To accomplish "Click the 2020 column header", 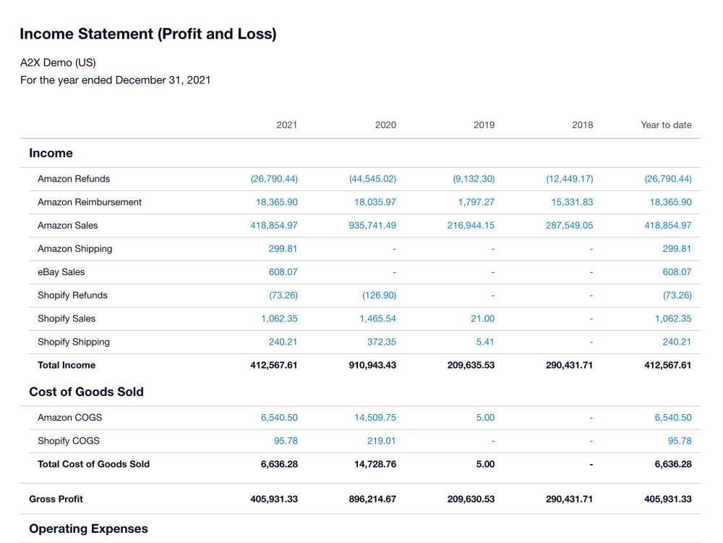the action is [385, 125].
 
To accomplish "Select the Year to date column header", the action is [666, 125].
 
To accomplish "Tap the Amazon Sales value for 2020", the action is [372, 225].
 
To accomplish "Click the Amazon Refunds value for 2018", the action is [570, 179].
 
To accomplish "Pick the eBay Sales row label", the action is [61, 272].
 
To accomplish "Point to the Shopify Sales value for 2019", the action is [482, 319].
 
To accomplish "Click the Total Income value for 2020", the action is [372, 365].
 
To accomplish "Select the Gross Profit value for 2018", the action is [569, 499].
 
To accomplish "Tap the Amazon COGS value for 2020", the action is [375, 418].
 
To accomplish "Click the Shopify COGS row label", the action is [69, 441].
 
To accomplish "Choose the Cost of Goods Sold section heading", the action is [86, 392].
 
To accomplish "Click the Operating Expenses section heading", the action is [88, 529].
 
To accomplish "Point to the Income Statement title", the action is [148, 34].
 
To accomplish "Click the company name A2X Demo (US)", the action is [58, 62].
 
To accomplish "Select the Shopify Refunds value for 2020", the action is [379, 295].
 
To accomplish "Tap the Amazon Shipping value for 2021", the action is [283, 249].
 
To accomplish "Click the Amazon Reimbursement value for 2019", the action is [476, 202].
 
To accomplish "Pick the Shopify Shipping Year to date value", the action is [677, 342].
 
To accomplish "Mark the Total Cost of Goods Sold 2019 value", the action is [485, 464].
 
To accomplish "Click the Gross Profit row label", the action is [56, 499].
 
